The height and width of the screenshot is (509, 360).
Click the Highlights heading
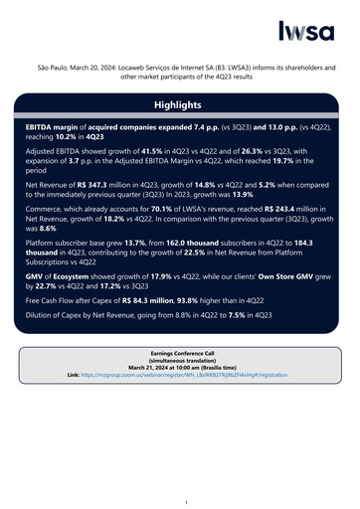click(180, 104)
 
